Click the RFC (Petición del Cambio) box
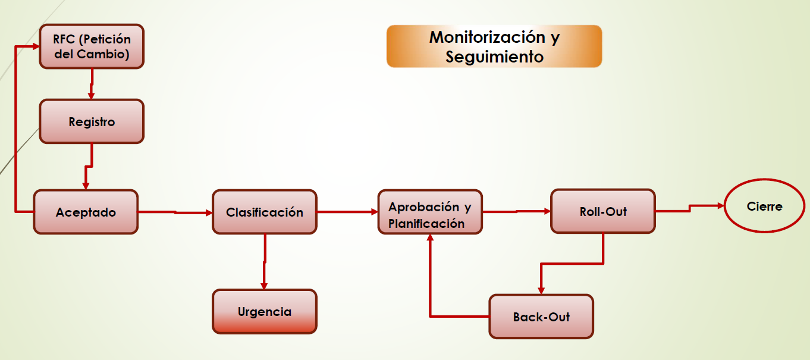pos(92,46)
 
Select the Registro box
pos(92,122)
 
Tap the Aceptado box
pos(86,212)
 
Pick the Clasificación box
pos(265,212)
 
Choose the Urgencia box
pos(265,311)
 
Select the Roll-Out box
pos(602,211)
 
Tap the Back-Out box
pos(541,317)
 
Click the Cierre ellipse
pos(764,206)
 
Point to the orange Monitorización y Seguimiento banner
pos(494,46)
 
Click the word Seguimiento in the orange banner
pos(494,57)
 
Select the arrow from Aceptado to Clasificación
pos(175,212)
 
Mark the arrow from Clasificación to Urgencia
pos(265,262)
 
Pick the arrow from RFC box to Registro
pos(92,84)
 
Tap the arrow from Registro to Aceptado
pos(89,167)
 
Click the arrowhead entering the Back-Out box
pos(541,290)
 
